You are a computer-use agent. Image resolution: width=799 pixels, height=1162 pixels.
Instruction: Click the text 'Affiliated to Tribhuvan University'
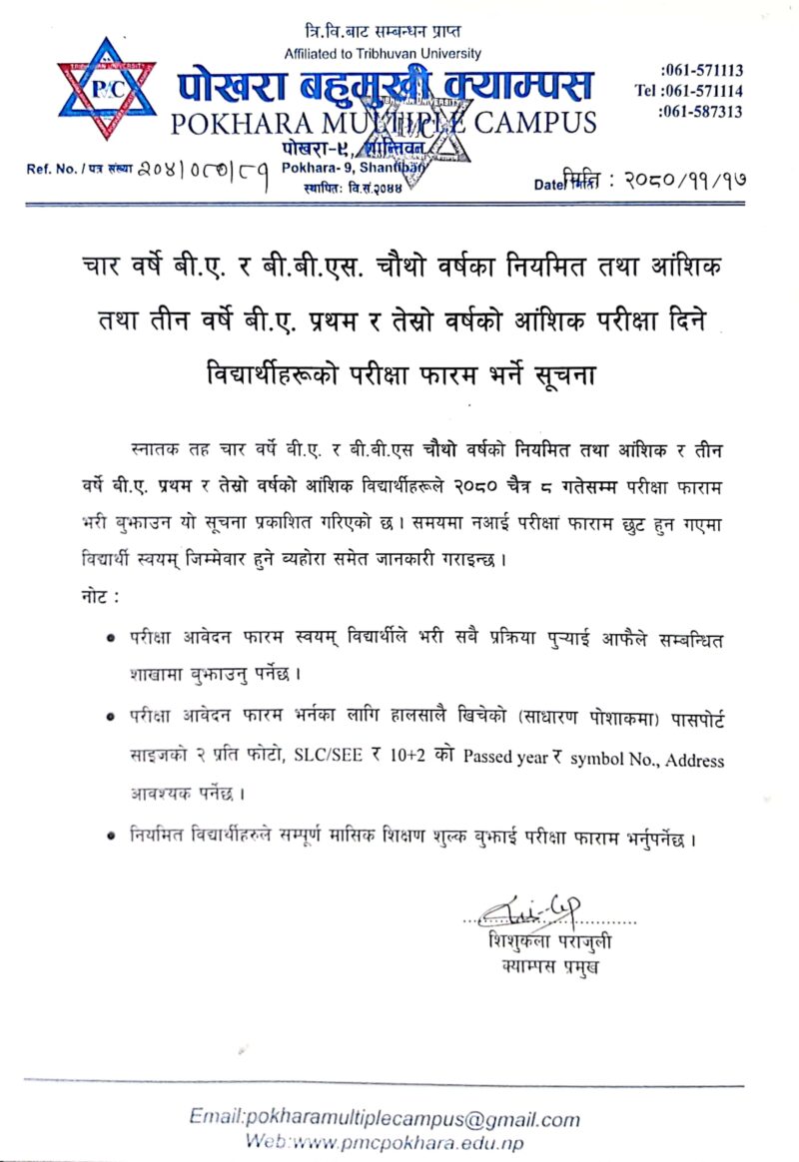[383, 53]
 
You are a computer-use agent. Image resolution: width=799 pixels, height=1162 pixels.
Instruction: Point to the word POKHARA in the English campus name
[235, 124]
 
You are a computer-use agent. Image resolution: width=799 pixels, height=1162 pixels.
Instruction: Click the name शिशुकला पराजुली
[550, 942]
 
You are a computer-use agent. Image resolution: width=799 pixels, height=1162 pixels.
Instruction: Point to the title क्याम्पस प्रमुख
[550, 966]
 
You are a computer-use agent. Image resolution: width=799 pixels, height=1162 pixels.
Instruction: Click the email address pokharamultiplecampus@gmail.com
[385, 1119]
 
